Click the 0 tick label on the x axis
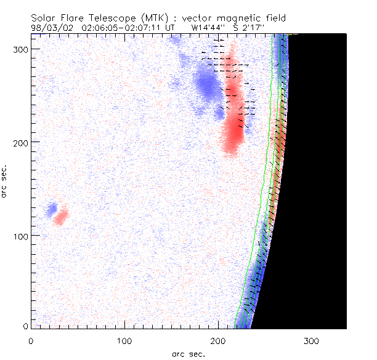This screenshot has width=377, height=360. [31, 340]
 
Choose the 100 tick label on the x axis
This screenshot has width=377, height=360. [124, 340]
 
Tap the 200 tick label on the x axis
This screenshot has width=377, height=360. [218, 340]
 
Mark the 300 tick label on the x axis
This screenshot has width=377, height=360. [312, 340]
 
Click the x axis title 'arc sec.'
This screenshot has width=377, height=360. [188, 353]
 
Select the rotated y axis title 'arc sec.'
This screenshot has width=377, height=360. [6, 182]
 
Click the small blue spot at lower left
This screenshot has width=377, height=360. [52, 209]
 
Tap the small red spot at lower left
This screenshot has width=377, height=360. [61, 217]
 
